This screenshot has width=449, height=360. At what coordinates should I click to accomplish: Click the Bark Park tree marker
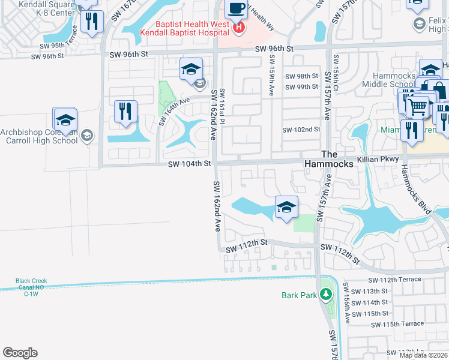click(x=325, y=295)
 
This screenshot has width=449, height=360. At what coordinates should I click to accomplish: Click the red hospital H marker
click(x=239, y=27)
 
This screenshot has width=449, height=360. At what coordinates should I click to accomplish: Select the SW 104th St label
click(x=190, y=163)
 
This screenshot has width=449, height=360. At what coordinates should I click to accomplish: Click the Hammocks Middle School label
click(x=393, y=80)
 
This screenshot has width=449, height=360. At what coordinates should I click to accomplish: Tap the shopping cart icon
click(x=418, y=107)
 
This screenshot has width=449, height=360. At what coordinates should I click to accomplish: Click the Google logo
click(x=20, y=353)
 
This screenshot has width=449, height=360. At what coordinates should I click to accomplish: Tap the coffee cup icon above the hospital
click(x=236, y=9)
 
